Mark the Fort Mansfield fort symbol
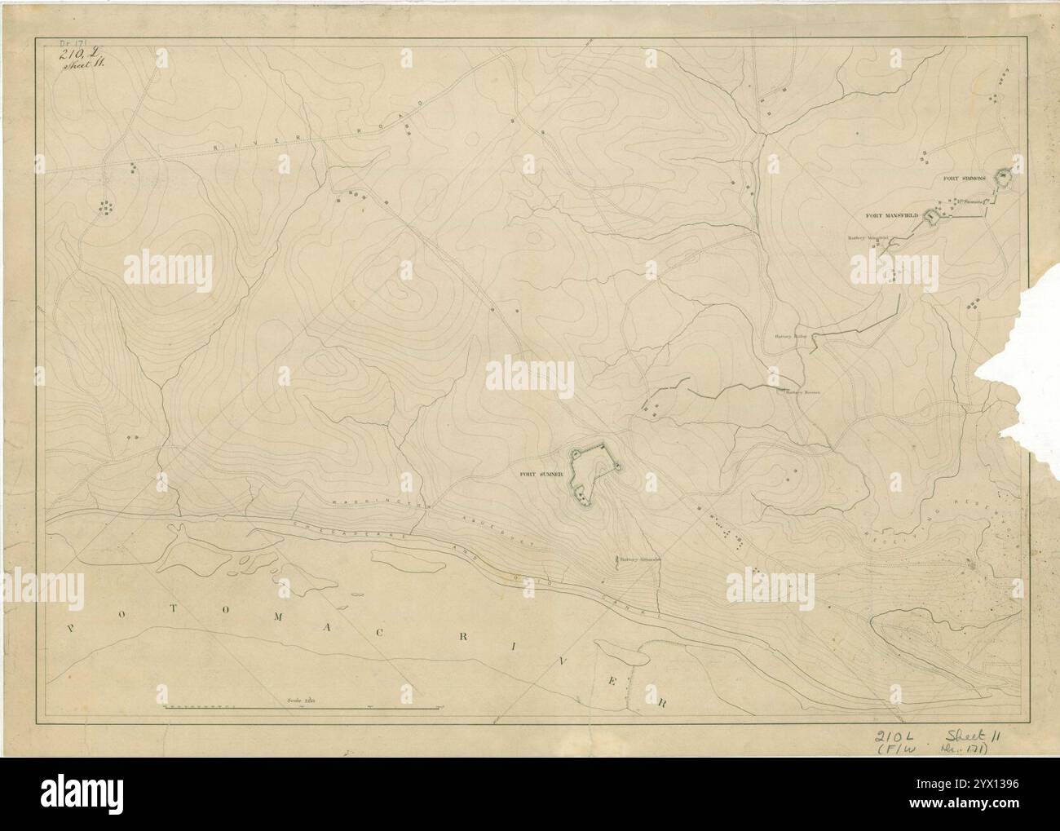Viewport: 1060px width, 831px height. [x=930, y=216]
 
